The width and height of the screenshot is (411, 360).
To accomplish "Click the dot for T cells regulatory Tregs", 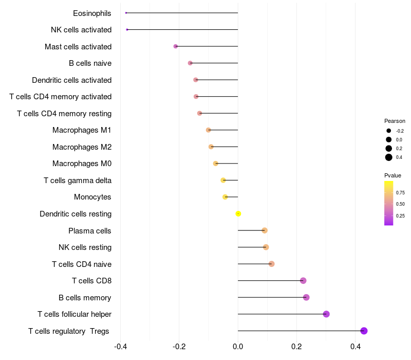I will tap(364, 331).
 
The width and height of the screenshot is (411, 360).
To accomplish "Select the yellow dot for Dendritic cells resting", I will tap(238, 213).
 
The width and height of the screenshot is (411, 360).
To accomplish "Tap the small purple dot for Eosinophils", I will tap(126, 13).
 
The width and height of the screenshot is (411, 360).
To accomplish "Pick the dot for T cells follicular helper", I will tap(326, 314).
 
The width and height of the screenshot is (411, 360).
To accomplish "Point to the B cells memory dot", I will tap(306, 297).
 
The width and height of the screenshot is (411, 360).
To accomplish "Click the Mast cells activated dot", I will tap(176, 46).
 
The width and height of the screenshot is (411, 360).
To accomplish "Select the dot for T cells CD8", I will tap(303, 281).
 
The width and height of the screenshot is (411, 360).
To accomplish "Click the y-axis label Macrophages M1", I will tap(82, 130).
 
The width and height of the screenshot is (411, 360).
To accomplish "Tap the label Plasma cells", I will tap(90, 230).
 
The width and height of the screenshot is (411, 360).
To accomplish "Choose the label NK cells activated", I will tap(81, 30).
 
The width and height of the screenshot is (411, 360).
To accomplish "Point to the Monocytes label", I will tap(92, 197).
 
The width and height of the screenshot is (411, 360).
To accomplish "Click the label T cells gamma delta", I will tap(78, 181).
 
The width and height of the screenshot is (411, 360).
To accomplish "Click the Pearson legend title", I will tap(395, 121).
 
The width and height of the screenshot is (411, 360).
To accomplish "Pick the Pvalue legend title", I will tap(393, 175).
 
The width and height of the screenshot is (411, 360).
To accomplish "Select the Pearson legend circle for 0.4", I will tap(389, 157).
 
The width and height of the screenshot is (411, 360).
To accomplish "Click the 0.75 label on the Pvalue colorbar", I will tap(400, 193).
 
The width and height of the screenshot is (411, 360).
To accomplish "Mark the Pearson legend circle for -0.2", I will tap(389, 131).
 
